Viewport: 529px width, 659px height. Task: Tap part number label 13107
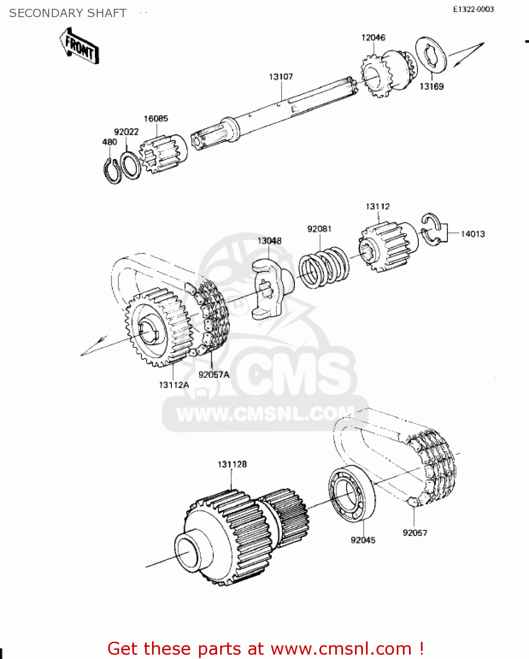tap(281, 77)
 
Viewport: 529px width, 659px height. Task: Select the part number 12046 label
tap(373, 38)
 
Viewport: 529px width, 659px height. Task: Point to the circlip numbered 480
tap(112, 170)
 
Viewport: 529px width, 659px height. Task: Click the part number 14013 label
tap(472, 234)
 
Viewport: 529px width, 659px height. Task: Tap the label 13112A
tap(174, 385)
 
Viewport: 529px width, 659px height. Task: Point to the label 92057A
tap(214, 375)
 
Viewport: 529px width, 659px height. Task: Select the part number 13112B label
tap(232, 464)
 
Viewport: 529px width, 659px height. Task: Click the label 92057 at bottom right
tap(415, 533)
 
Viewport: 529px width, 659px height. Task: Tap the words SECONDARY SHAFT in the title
tap(68, 13)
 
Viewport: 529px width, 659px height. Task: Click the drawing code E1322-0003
tap(474, 9)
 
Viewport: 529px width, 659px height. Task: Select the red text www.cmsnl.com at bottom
tap(341, 648)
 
